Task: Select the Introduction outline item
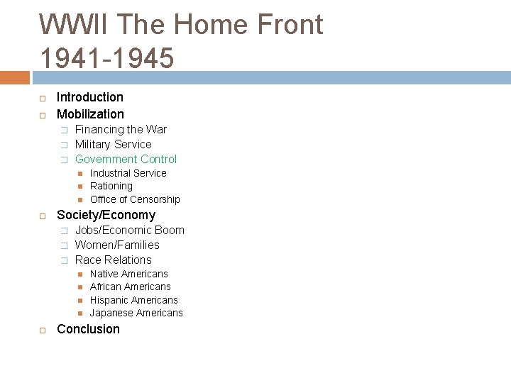pos(89,97)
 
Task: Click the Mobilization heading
pos(90,114)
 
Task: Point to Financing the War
pos(121,129)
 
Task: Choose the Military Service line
pos(113,144)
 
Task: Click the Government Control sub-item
pos(126,159)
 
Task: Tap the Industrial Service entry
pos(128,173)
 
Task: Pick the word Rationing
pos(111,186)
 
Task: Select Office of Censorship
pos(135,199)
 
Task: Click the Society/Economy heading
pos(106,215)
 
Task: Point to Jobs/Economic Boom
pos(129,230)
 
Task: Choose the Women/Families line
pos(117,245)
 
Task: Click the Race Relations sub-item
pos(113,260)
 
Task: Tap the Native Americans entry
pos(128,274)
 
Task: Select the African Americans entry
pos(130,287)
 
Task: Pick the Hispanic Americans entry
pos(133,300)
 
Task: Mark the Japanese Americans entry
pos(136,313)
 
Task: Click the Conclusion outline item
pos(88,329)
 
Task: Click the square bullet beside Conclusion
pos(43,330)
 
